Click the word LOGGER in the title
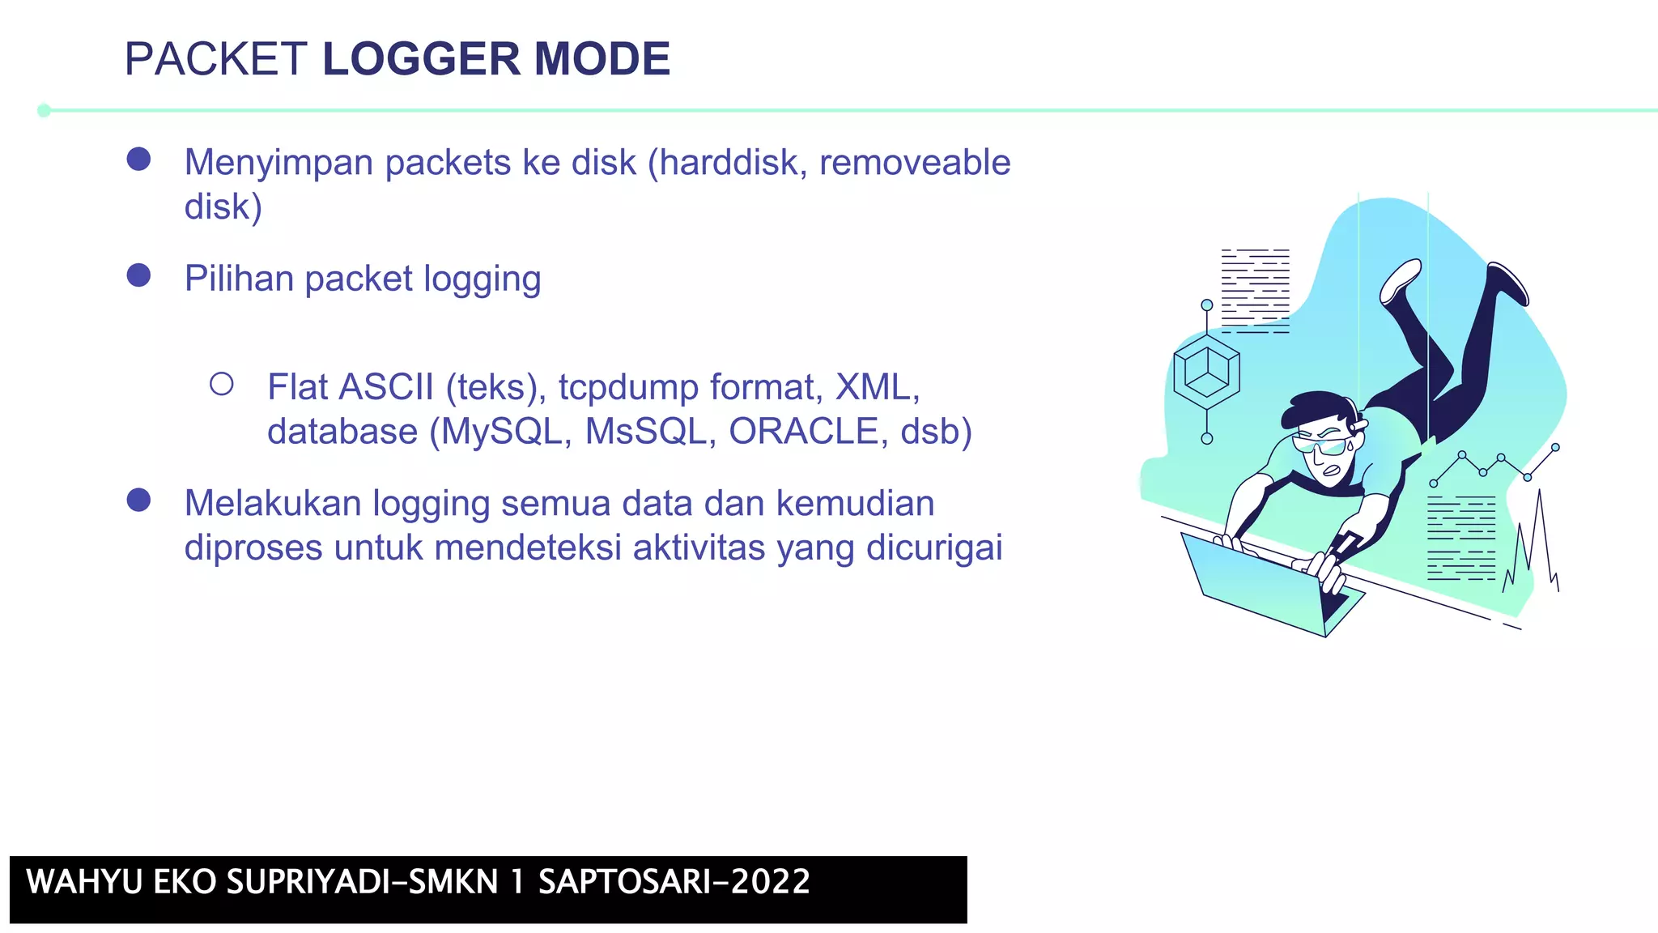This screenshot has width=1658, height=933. [x=421, y=59]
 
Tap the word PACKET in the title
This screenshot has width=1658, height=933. [x=215, y=59]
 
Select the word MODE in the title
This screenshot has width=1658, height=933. [x=602, y=59]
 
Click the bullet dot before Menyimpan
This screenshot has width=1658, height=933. [x=139, y=159]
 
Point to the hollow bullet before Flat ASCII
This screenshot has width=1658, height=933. [x=222, y=384]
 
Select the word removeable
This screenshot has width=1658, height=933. [x=915, y=162]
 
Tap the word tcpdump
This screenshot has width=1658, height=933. [x=628, y=388]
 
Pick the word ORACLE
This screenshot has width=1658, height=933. [x=803, y=431]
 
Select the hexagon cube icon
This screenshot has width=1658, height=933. [x=1206, y=373]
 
